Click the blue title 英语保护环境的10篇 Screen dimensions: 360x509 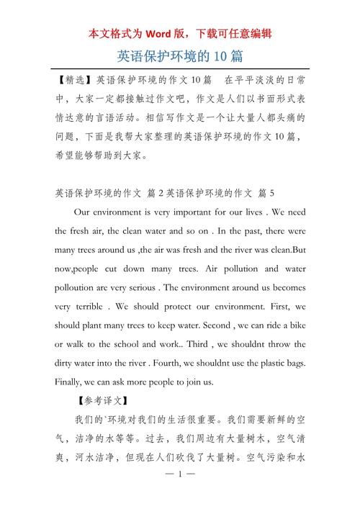coord(179,55)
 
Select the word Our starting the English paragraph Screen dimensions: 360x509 coord(83,213)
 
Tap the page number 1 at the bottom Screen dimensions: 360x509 coord(181,495)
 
